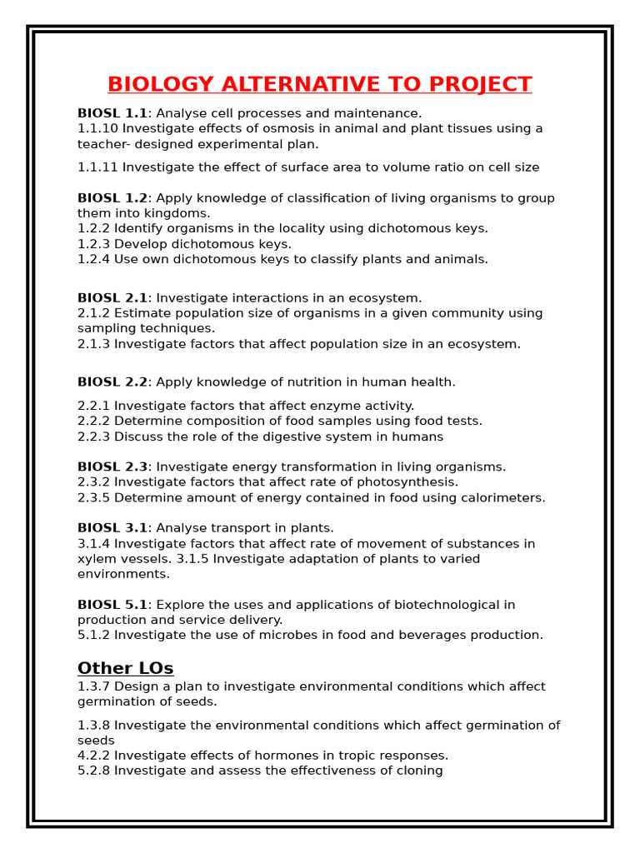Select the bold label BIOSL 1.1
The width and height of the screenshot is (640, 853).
pyautogui.click(x=112, y=113)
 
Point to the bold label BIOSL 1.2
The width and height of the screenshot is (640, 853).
pyautogui.click(x=112, y=198)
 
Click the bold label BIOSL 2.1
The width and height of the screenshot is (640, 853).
pyautogui.click(x=112, y=298)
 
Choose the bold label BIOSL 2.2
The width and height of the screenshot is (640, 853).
pyautogui.click(x=112, y=382)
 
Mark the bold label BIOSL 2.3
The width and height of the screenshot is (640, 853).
pyautogui.click(x=112, y=467)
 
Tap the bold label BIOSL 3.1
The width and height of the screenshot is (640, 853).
pyautogui.click(x=112, y=528)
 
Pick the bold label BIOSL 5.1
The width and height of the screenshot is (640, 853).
pyautogui.click(x=112, y=605)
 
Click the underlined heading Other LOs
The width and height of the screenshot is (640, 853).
pyautogui.click(x=125, y=668)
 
